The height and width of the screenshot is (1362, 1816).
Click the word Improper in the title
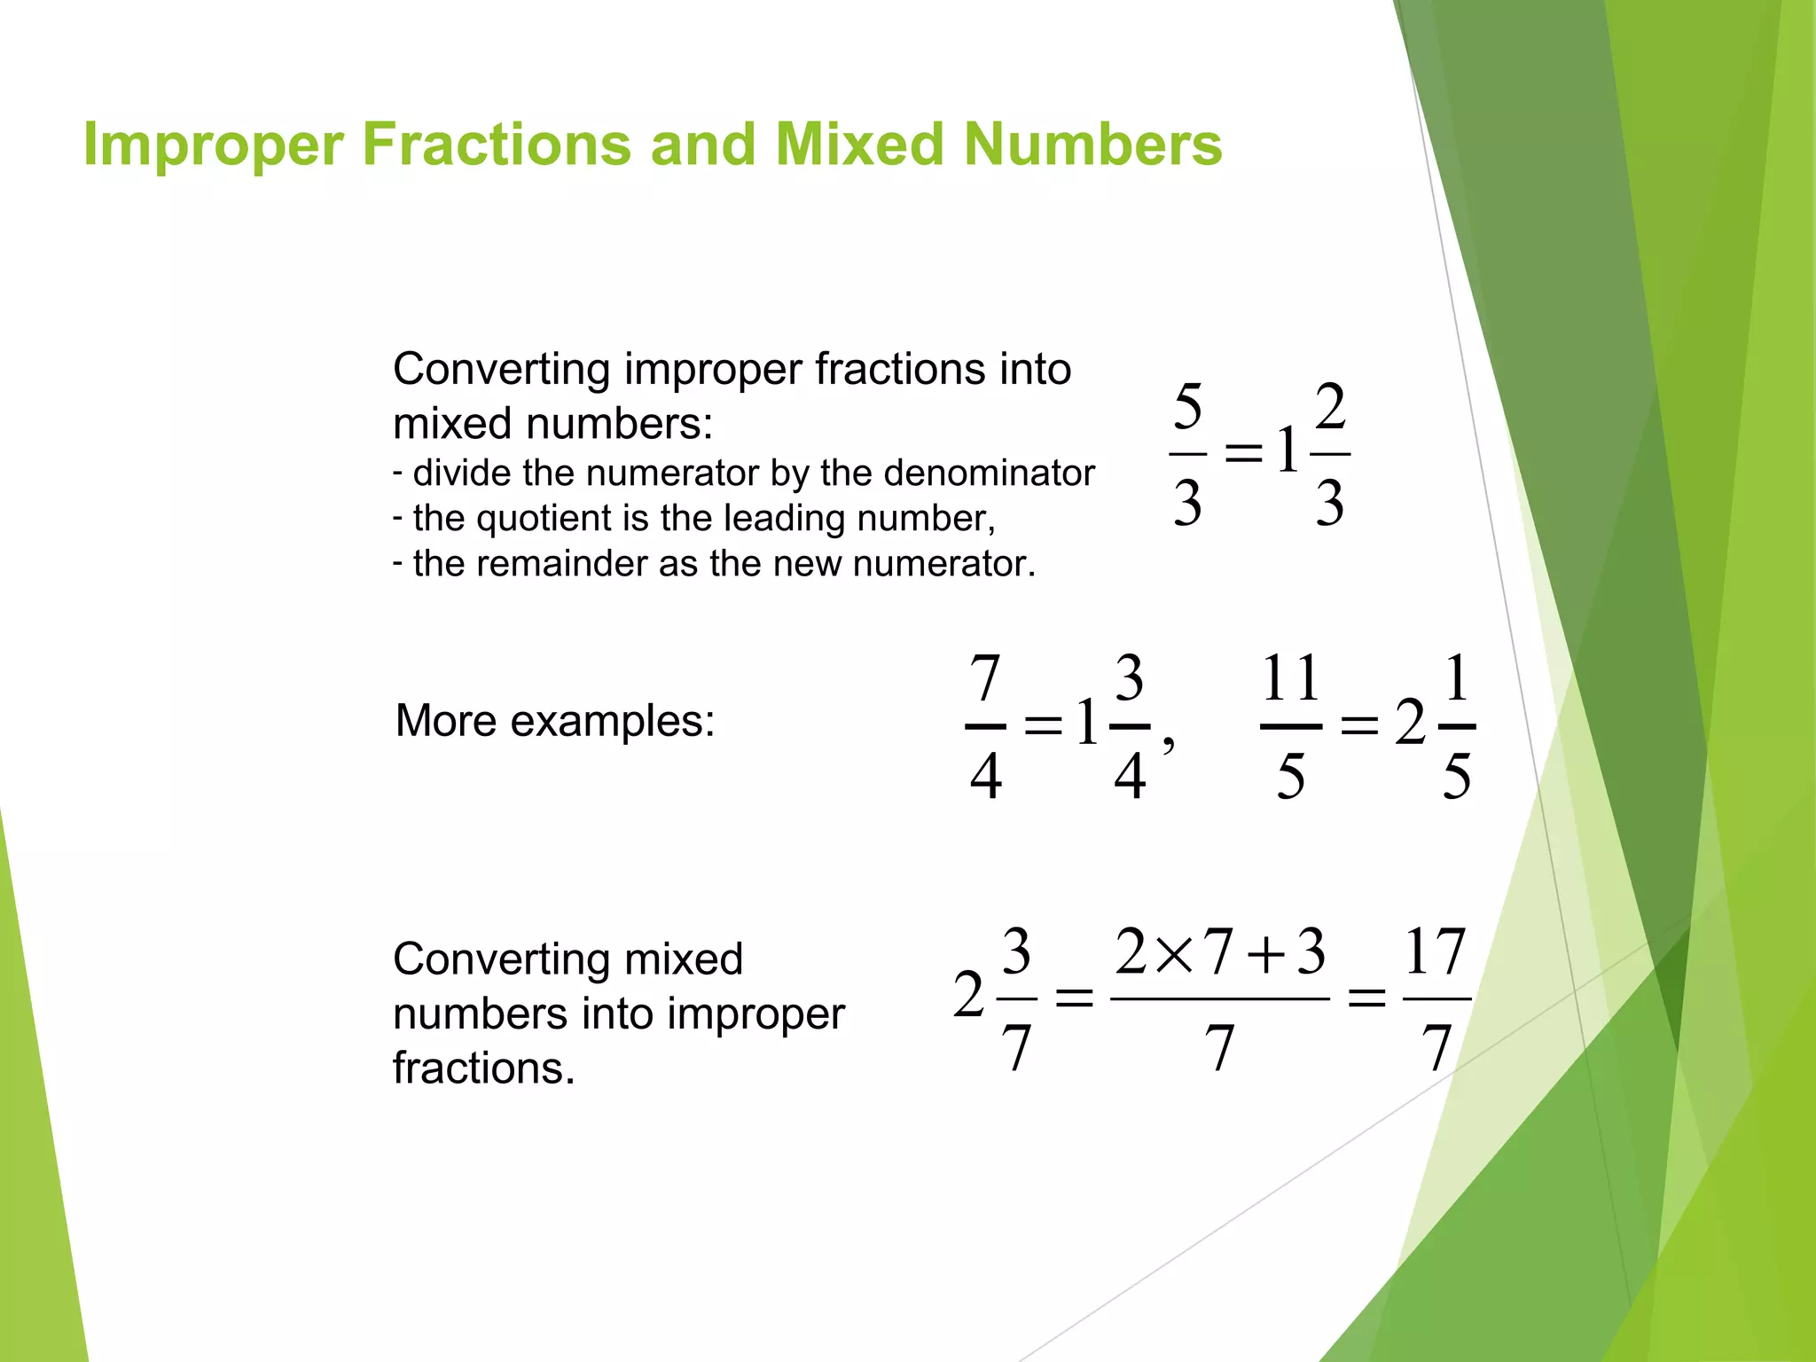(213, 145)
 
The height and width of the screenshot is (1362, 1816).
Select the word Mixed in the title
(859, 145)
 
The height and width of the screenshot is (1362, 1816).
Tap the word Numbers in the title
(1092, 145)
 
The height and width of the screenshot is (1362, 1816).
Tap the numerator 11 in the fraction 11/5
(1291, 678)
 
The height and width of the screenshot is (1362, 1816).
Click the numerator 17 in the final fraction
(1435, 951)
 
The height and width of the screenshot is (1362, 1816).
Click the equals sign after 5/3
(1243, 453)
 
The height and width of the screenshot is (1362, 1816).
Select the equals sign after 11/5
(1359, 726)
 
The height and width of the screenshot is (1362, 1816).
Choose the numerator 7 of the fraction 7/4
(985, 678)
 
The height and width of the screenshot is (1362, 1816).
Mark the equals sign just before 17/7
(1366, 999)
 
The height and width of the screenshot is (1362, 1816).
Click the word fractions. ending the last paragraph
(484, 1068)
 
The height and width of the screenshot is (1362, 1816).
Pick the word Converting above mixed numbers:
(502, 369)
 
